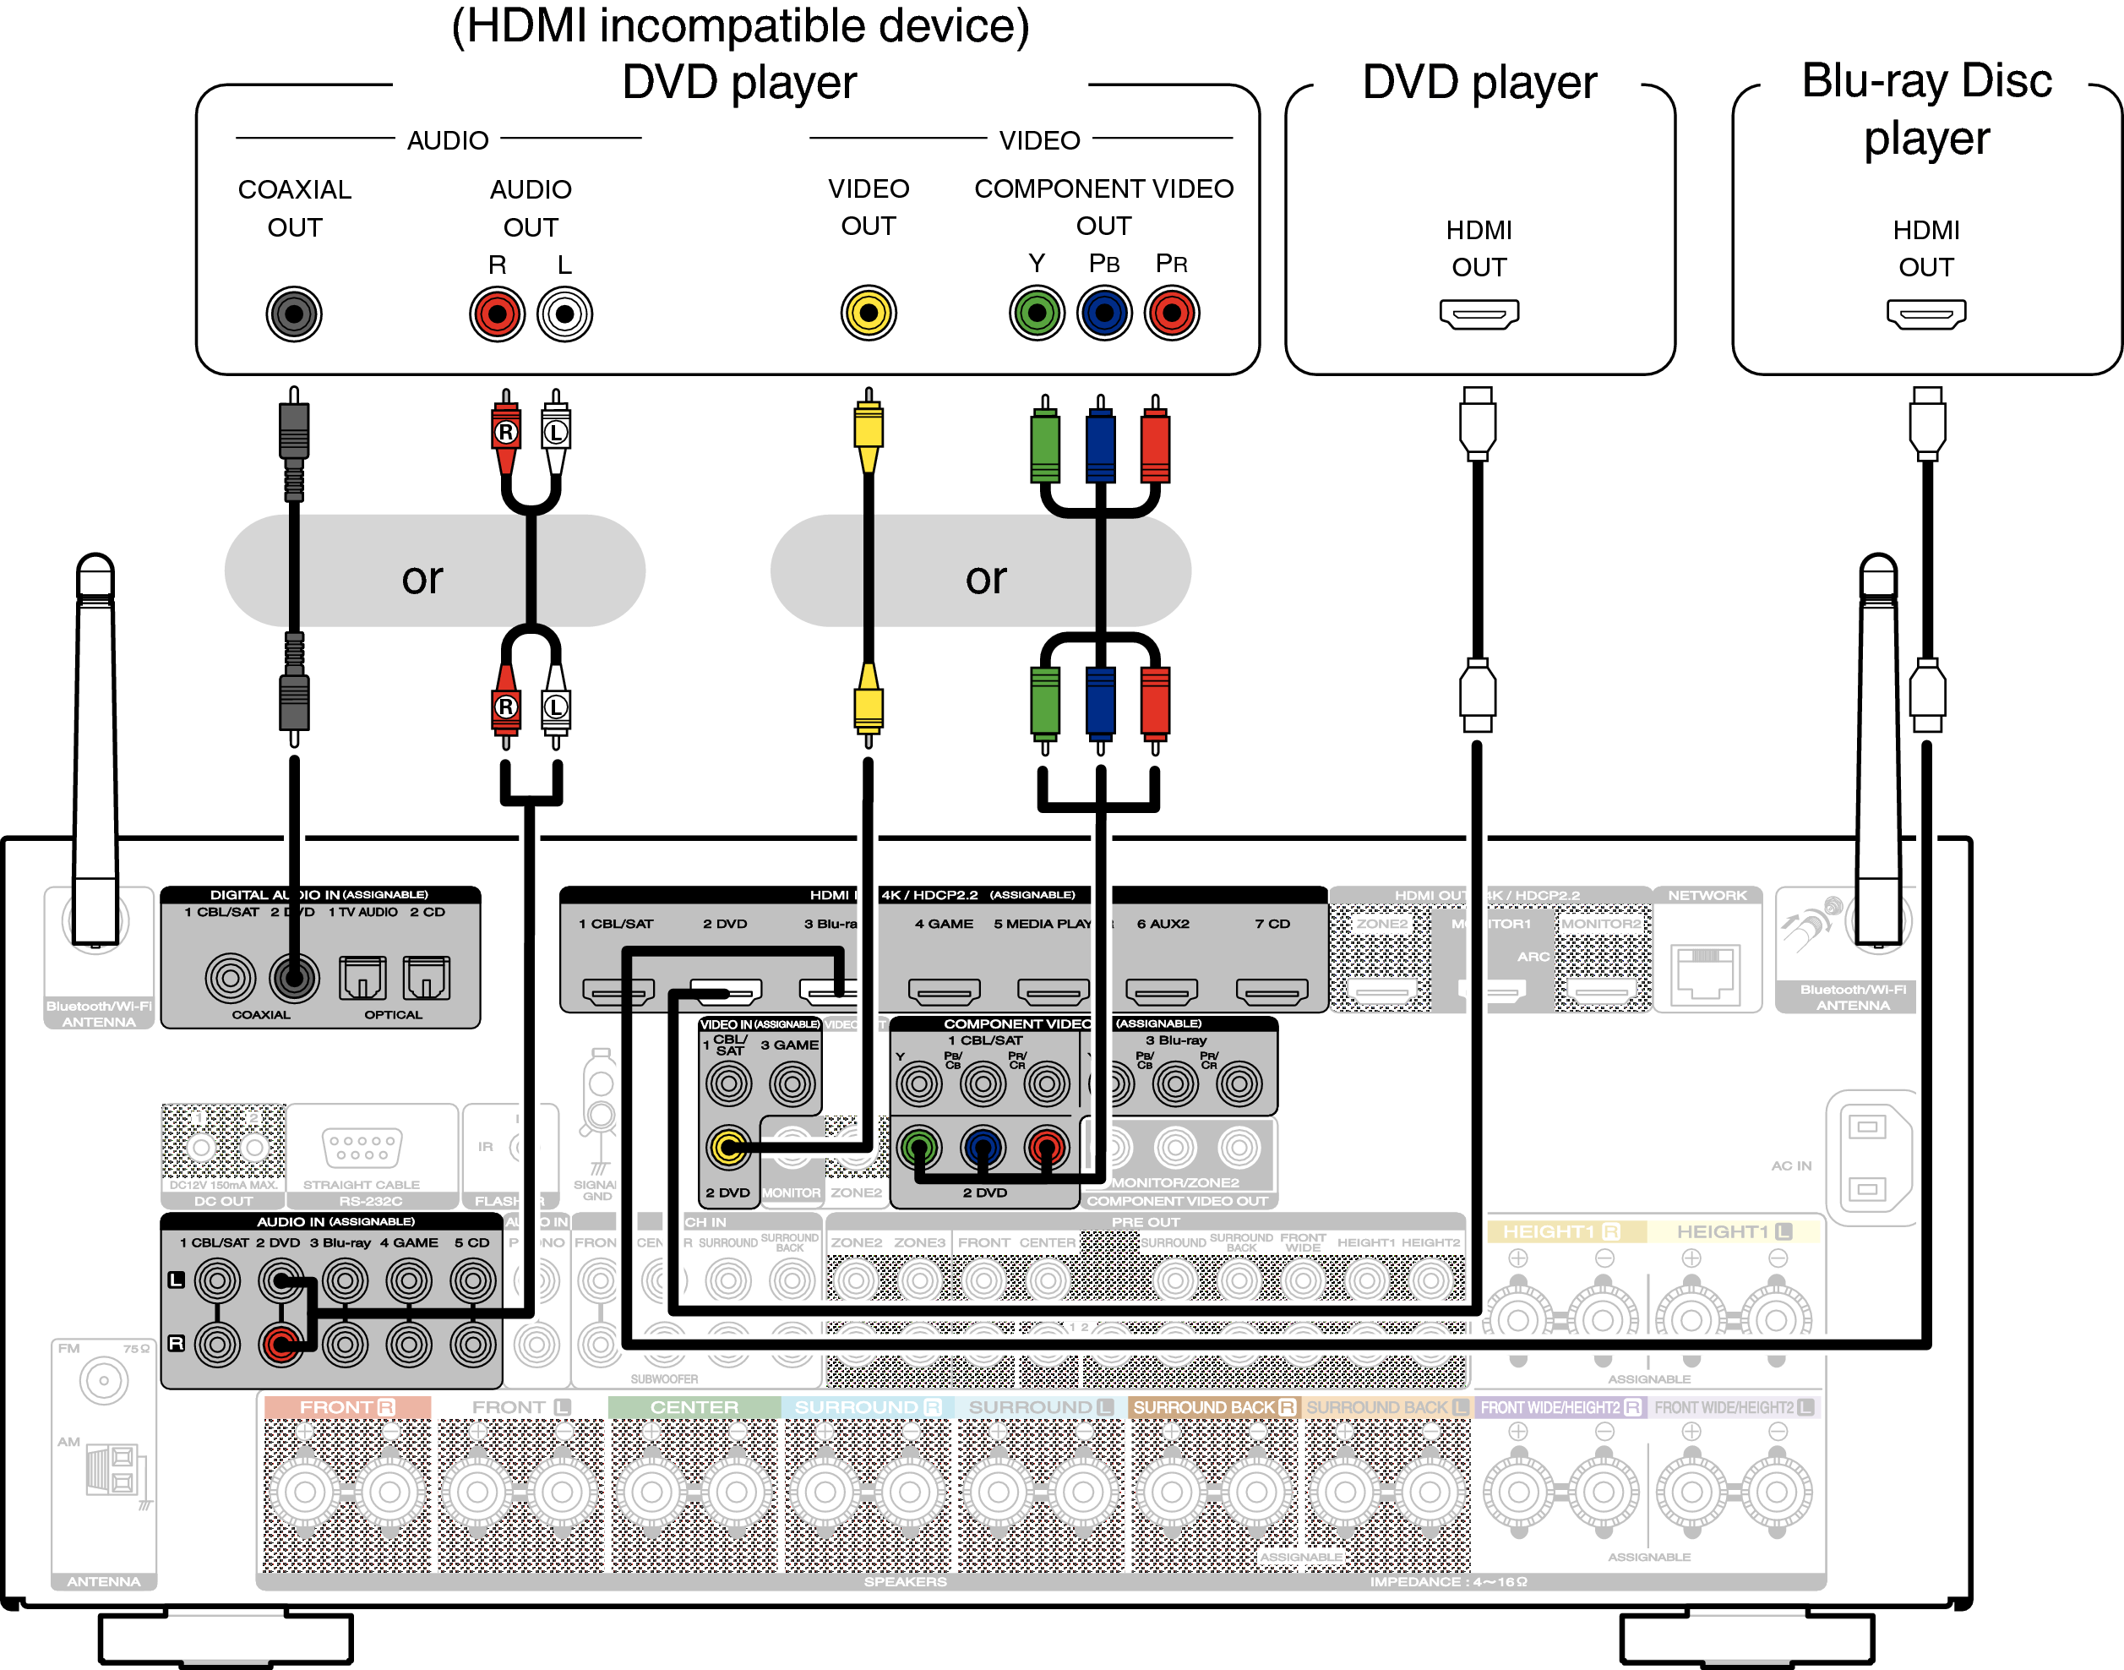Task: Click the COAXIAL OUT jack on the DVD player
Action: pyautogui.click(x=293, y=314)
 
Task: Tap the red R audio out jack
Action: pyautogui.click(x=497, y=314)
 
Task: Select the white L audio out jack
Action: pyautogui.click(x=564, y=314)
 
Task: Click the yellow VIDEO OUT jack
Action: pyautogui.click(x=868, y=313)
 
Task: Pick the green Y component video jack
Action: pyautogui.click(x=1036, y=313)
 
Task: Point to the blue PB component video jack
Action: pyautogui.click(x=1103, y=313)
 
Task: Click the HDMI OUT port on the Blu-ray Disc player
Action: pyautogui.click(x=1925, y=314)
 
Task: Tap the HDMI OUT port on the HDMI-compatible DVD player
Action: pyautogui.click(x=1479, y=314)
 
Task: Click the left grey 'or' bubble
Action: pyautogui.click(x=422, y=578)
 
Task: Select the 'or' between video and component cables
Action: pyautogui.click(x=985, y=578)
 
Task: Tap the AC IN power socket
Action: pyautogui.click(x=1867, y=1159)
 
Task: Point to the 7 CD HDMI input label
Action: pyautogui.click(x=1272, y=924)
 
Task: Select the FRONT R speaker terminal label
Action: pyautogui.click(x=347, y=1407)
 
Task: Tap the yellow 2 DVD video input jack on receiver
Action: pyautogui.click(x=728, y=1147)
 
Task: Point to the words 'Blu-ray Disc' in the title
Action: pyautogui.click(x=1925, y=81)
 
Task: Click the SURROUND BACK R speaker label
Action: pyautogui.click(x=1213, y=1407)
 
